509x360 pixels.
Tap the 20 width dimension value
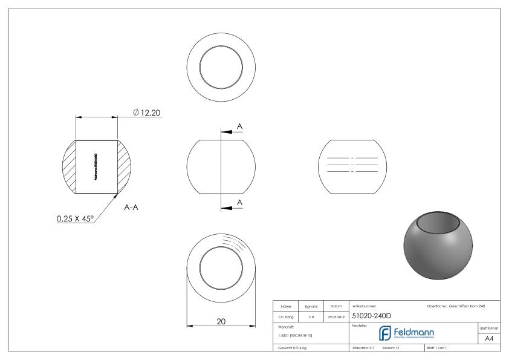pyautogui.click(x=221, y=321)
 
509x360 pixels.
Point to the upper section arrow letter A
pyautogui.click(x=240, y=126)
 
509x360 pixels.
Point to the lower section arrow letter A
pyautogui.click(x=240, y=201)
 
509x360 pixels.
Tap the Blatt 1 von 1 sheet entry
pyautogui.click(x=439, y=349)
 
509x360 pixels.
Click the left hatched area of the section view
pyautogui.click(x=69, y=167)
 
